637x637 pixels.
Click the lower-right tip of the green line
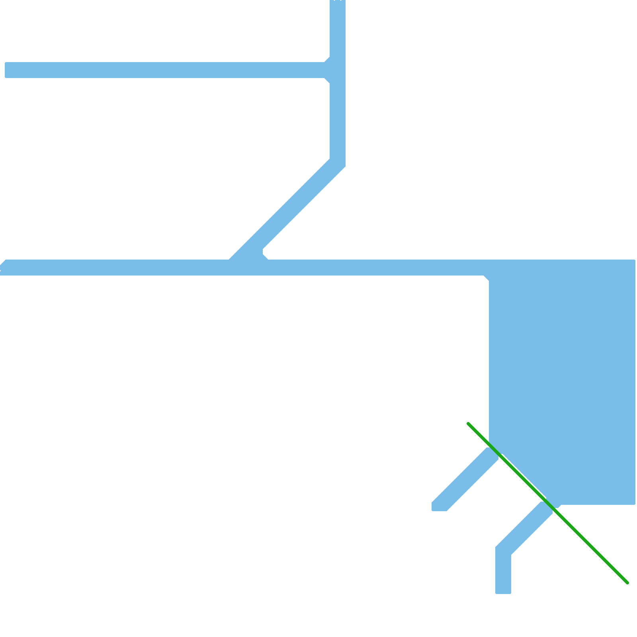[x=627, y=582]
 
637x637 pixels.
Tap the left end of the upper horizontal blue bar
[x=6, y=70]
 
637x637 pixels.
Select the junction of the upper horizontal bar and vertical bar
[x=338, y=70]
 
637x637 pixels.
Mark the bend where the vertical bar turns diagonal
[x=338, y=162]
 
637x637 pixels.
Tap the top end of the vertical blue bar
[x=338, y=2]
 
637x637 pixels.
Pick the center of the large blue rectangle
[x=562, y=382]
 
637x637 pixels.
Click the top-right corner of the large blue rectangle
[x=635, y=260]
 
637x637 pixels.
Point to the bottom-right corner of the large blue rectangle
[x=635, y=504]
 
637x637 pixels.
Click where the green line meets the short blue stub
[x=494, y=452]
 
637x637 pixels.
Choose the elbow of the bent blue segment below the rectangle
[x=503, y=551]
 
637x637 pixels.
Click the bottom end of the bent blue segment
[x=503, y=592]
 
